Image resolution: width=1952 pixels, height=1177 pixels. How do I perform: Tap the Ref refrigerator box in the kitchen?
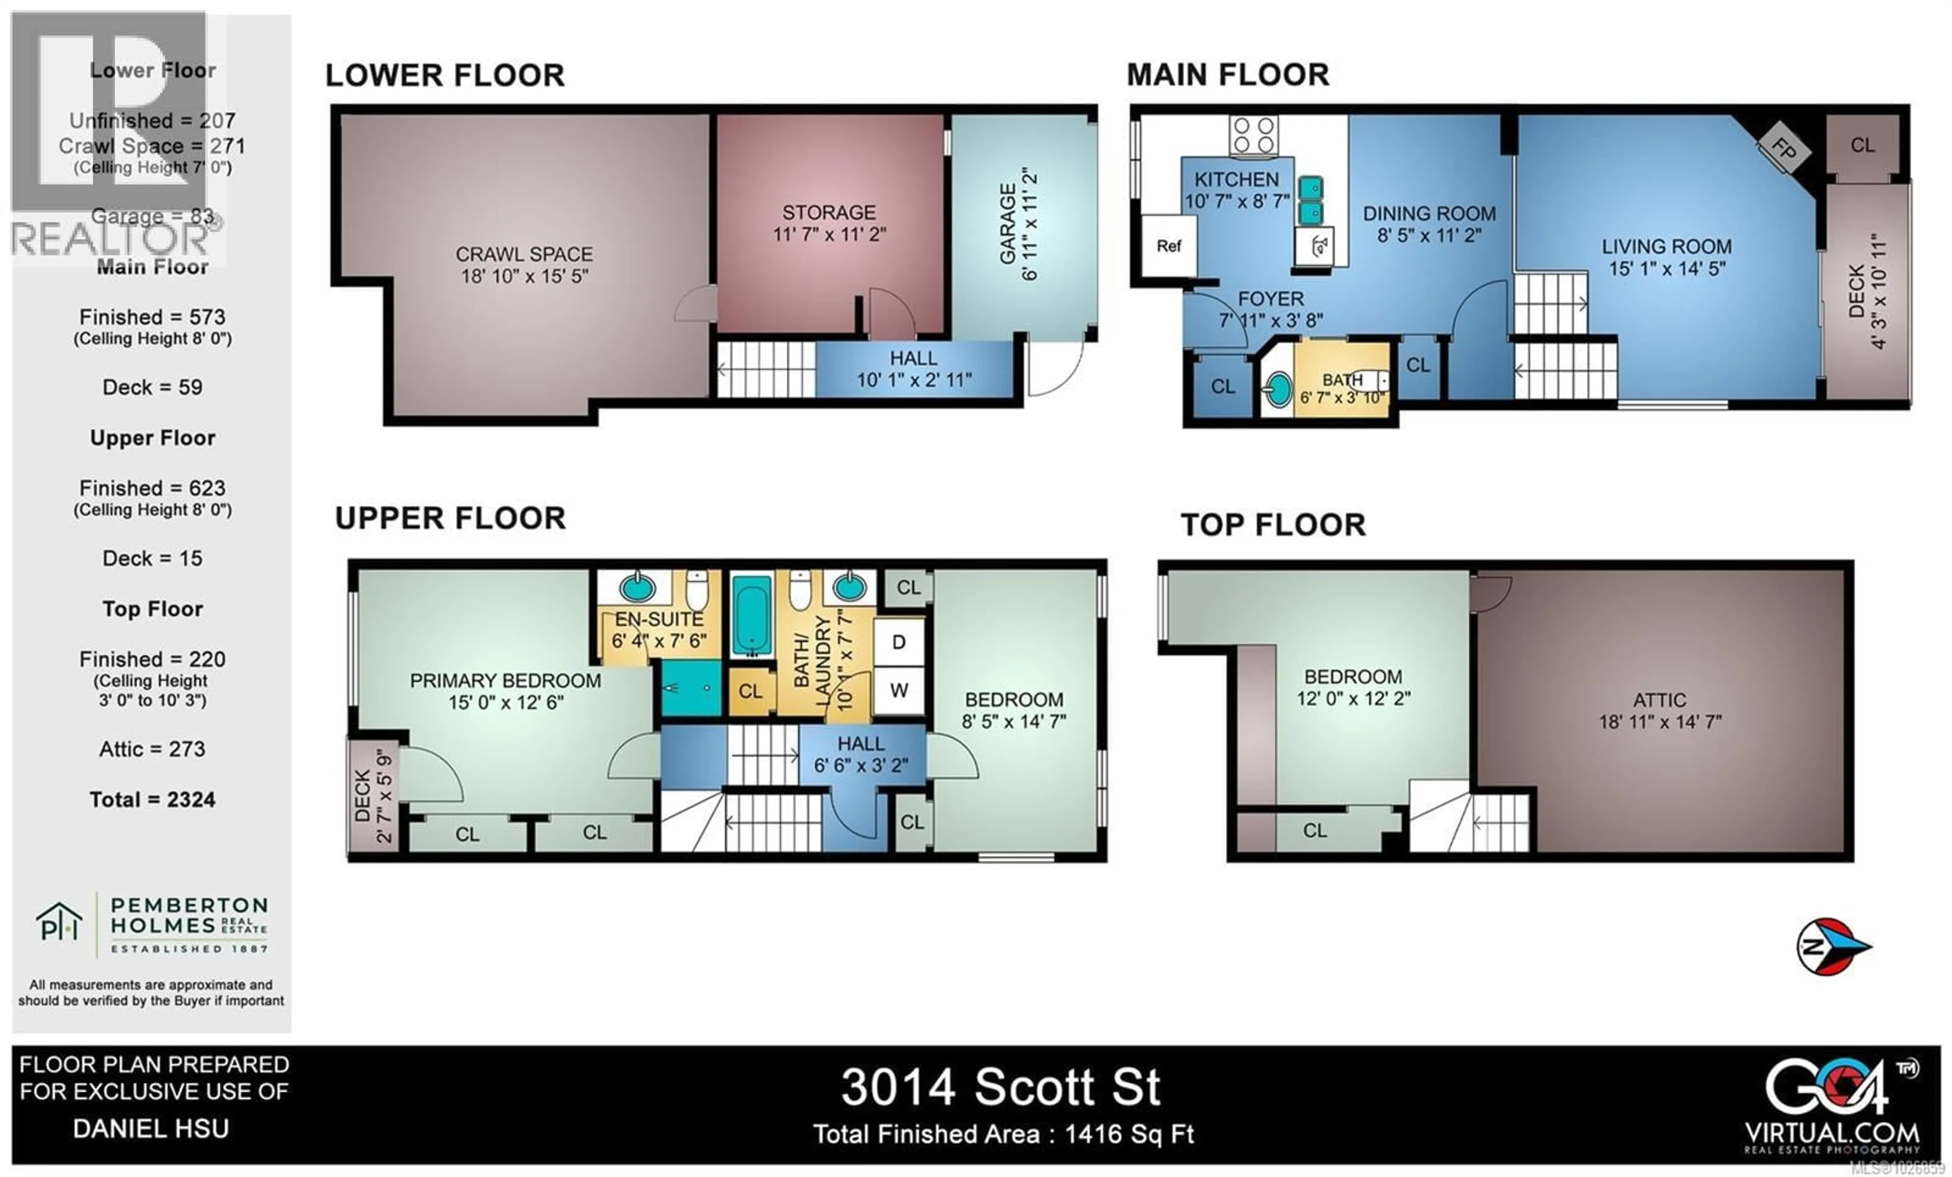(x=1169, y=245)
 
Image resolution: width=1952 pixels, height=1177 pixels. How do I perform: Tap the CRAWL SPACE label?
(x=525, y=265)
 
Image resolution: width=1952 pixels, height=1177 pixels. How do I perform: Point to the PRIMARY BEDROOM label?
(x=505, y=691)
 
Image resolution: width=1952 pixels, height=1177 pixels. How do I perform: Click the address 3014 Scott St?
(x=1000, y=1087)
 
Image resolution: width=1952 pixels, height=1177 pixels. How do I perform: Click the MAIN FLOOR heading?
(x=1228, y=75)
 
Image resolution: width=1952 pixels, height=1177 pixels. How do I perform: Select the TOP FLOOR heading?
(x=1273, y=525)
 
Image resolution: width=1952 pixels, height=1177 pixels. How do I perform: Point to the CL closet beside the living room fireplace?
(x=1863, y=145)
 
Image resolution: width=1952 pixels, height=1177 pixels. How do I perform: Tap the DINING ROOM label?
(x=1429, y=224)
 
